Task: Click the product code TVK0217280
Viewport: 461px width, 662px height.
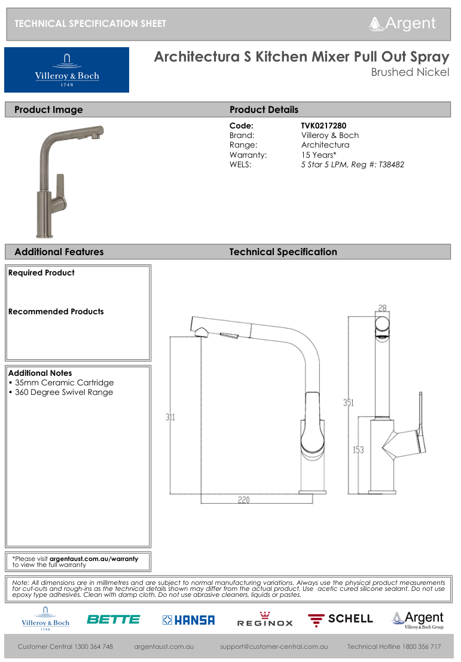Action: (323, 126)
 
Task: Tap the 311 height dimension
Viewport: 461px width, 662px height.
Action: (170, 417)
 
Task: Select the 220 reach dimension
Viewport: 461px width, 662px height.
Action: (243, 500)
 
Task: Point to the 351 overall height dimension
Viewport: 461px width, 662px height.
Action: (348, 403)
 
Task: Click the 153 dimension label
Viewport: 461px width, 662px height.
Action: (358, 450)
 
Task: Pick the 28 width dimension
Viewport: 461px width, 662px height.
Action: (383, 308)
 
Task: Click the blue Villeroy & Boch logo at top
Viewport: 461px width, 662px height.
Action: (66, 70)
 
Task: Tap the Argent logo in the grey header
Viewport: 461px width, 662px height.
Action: (402, 23)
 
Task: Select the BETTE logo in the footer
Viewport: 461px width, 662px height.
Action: (113, 620)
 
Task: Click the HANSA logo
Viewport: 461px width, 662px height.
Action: (188, 620)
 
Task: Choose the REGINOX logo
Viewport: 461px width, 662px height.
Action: (265, 620)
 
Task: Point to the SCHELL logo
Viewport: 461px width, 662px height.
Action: (340, 619)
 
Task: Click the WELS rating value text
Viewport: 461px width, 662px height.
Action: (352, 164)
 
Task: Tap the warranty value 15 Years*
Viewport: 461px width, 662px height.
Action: (319, 155)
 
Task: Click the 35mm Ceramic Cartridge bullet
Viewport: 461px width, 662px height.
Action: (61, 383)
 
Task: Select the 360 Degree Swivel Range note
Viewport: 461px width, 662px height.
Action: (61, 393)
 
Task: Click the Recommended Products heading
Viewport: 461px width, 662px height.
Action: (56, 312)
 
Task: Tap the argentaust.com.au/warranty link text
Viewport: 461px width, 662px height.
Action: (94, 559)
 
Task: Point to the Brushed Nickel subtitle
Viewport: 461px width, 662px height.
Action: (410, 73)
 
